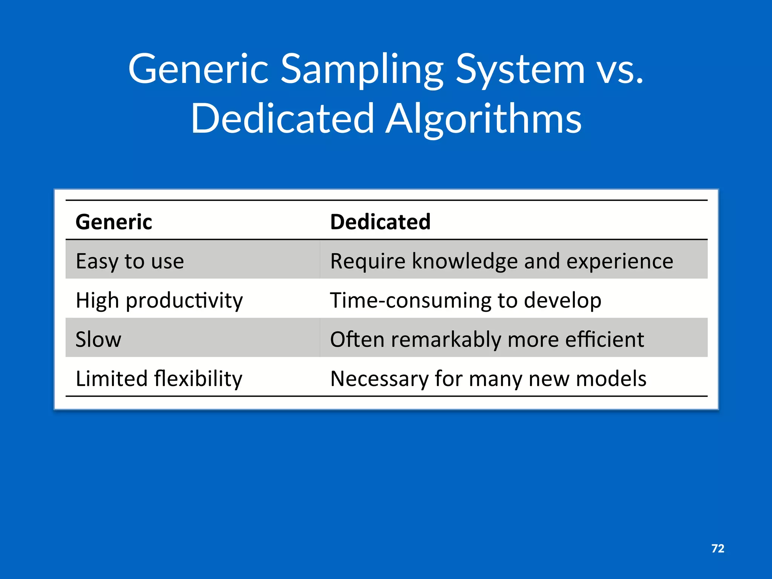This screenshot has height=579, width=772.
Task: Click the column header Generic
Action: pos(114,222)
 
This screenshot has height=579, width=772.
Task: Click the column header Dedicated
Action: pos(380,222)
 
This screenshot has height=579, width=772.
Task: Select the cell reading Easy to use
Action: pos(130,261)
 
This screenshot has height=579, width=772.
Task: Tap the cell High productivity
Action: pos(159,300)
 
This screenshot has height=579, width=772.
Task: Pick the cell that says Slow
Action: pos(98,339)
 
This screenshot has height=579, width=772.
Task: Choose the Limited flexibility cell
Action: pos(159,378)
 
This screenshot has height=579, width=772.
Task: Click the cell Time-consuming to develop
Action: pos(466,300)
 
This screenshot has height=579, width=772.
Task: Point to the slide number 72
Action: pos(718,548)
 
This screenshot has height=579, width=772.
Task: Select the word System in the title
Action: pos(520,70)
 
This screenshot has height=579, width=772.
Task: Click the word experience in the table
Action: pos(620,261)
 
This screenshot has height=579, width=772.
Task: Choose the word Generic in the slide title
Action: pos(198,70)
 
